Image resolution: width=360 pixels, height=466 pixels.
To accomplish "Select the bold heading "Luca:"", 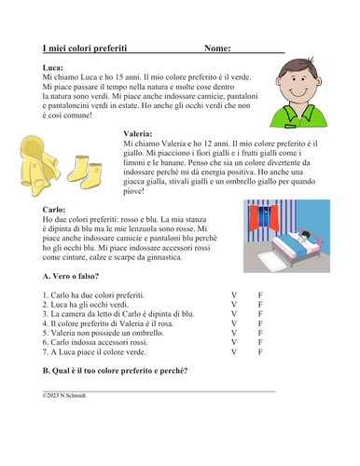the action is coord(53,68).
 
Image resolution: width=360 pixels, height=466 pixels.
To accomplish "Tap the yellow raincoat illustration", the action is coord(36,158).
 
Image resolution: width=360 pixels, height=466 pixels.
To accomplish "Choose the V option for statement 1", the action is coord(234,295).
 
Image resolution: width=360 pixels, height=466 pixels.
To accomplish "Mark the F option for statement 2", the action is coord(260,305).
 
